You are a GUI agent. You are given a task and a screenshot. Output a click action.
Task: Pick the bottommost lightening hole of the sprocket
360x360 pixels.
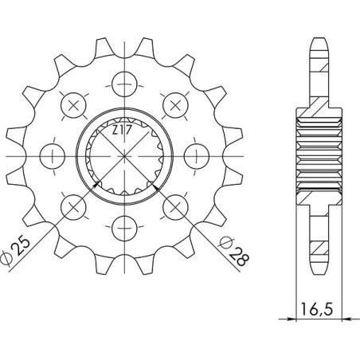click(124, 227)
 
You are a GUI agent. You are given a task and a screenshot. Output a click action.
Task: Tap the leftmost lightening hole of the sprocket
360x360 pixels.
click(51, 153)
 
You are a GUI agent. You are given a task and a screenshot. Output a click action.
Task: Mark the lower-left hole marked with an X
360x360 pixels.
click(72, 205)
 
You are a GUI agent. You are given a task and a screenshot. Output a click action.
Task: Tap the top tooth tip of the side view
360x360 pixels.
click(317, 40)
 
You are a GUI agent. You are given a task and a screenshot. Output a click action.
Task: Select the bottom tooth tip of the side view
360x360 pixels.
click(317, 269)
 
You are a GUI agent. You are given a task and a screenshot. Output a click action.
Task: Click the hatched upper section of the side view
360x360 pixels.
click(317, 100)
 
